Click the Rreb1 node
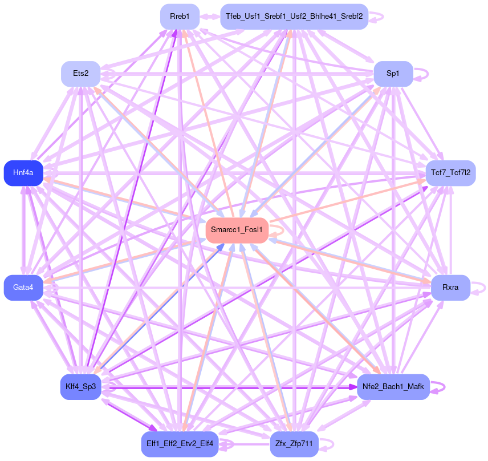(x=180, y=16)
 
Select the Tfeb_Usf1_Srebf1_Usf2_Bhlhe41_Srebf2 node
(x=294, y=16)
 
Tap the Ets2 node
(x=81, y=74)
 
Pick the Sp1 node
(x=393, y=74)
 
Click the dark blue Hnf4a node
(x=23, y=173)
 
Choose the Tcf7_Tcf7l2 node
(x=450, y=173)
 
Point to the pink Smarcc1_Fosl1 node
(x=237, y=230)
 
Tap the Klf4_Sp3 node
(x=81, y=387)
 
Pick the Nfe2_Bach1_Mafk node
(x=393, y=387)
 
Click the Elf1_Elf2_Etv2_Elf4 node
(x=180, y=444)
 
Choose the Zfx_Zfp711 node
(x=294, y=444)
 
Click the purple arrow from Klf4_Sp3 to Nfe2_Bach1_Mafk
(x=228, y=387)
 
